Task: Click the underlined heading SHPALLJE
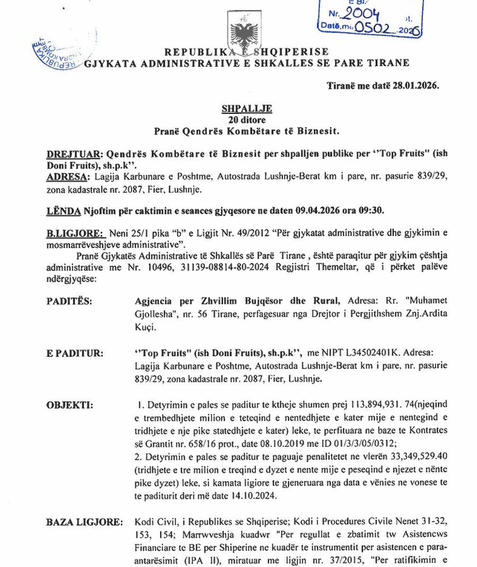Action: click(x=246, y=109)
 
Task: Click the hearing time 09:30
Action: click(x=369, y=210)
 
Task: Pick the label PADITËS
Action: click(x=69, y=302)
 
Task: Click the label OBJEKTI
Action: click(x=69, y=406)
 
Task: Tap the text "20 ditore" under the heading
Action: click(x=246, y=119)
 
